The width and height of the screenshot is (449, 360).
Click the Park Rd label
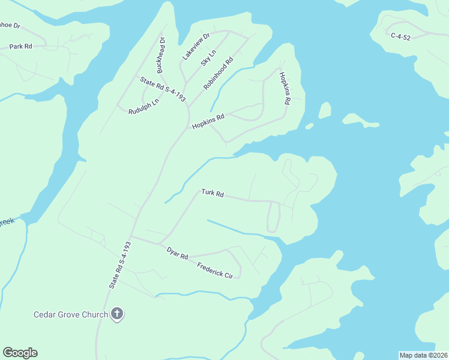click(20, 46)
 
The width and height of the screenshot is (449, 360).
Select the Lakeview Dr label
click(196, 46)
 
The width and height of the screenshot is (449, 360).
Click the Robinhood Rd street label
click(218, 74)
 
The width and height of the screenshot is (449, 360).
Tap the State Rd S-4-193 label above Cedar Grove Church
click(120, 265)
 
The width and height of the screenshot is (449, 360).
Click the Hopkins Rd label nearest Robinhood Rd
click(208, 121)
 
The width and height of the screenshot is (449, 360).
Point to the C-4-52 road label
click(401, 37)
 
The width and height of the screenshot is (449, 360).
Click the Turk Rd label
click(212, 193)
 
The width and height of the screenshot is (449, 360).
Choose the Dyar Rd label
click(178, 253)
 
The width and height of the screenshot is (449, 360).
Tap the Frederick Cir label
click(214, 269)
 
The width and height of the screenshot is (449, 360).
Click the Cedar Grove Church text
click(70, 314)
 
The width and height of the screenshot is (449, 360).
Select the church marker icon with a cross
click(117, 314)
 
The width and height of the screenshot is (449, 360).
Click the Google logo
click(20, 353)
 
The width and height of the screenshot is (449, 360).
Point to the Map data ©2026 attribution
click(423, 355)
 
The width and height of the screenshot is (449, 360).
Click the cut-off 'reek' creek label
click(6, 222)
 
